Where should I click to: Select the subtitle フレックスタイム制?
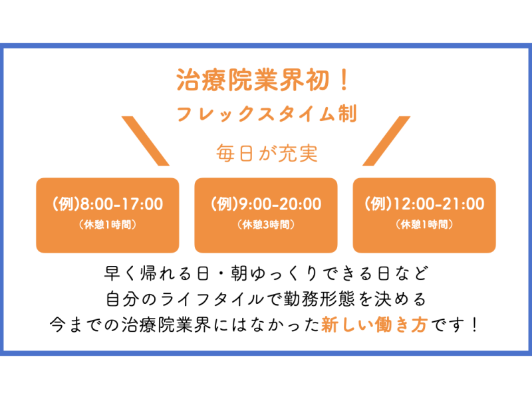pyautogui.click(x=267, y=113)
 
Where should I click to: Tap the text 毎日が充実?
pyautogui.click(x=267, y=153)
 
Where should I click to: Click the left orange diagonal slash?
pyautogui.click(x=145, y=141)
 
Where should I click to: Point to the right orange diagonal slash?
pyautogui.click(x=386, y=141)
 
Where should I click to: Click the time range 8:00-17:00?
pyautogui.click(x=122, y=204)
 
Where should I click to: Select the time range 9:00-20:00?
pyautogui.click(x=280, y=204)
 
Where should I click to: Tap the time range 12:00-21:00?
pyautogui.click(x=438, y=204)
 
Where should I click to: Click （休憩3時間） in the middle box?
pyautogui.click(x=266, y=224)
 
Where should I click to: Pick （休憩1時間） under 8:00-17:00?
pyautogui.click(x=108, y=224)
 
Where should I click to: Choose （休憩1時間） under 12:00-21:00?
pyautogui.click(x=424, y=224)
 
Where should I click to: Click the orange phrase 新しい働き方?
pyautogui.click(x=374, y=325)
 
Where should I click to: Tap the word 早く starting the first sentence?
pyautogui.click(x=120, y=273)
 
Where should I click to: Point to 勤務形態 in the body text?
pyautogui.click(x=319, y=299)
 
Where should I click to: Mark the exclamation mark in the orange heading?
pyautogui.click(x=344, y=80)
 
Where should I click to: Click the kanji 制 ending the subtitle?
pyautogui.click(x=347, y=113)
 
